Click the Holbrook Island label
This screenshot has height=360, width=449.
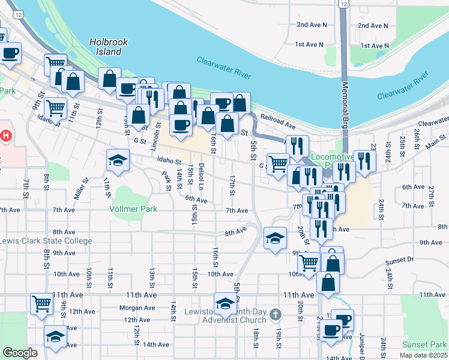(x=105, y=47)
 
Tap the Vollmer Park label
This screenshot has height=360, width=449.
(x=133, y=209)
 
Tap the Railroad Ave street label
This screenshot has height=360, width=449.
(x=282, y=127)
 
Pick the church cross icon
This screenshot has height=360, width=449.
(x=275, y=314)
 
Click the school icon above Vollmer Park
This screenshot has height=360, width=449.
(x=118, y=160)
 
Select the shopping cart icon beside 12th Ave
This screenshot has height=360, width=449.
(x=41, y=304)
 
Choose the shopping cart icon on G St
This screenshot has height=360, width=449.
(x=278, y=163)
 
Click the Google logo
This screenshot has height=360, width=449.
(x=20, y=353)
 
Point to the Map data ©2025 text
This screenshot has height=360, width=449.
(x=424, y=355)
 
